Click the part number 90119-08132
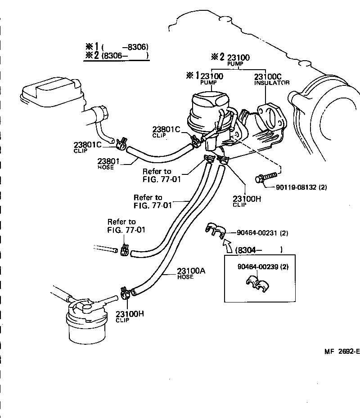click(x=295, y=187)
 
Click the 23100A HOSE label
click(x=191, y=273)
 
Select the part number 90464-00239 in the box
click(x=263, y=267)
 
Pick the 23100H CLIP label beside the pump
click(x=246, y=200)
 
